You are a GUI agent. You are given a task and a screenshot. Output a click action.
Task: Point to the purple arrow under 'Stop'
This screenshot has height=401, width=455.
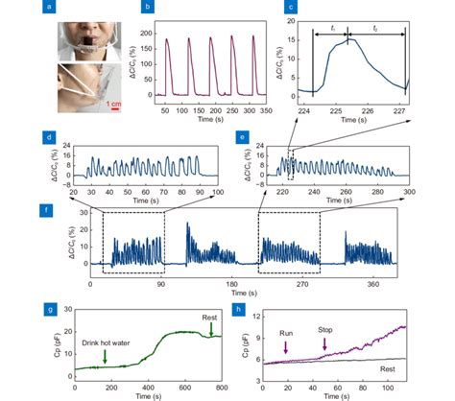pos(319,349)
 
